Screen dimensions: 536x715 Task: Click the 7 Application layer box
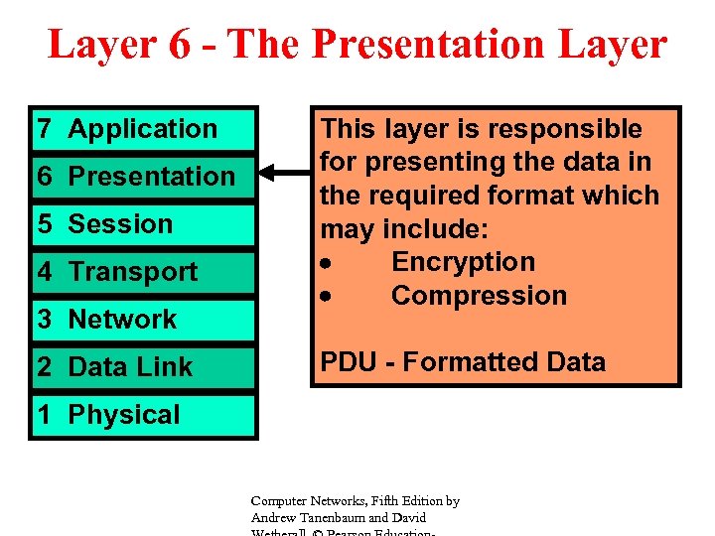[143, 129]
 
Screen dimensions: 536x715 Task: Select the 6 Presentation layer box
[143, 177]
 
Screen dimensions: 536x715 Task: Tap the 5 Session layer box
[143, 224]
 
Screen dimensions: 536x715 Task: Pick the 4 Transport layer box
[143, 272]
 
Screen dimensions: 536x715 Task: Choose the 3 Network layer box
[143, 320]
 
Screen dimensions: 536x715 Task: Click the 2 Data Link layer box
[143, 367]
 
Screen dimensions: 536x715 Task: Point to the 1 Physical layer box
[143, 415]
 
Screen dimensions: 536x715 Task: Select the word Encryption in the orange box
[463, 262]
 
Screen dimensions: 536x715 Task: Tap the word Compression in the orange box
[479, 296]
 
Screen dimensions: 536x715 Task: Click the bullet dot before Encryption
[327, 264]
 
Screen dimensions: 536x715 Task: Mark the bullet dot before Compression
[327, 298]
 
